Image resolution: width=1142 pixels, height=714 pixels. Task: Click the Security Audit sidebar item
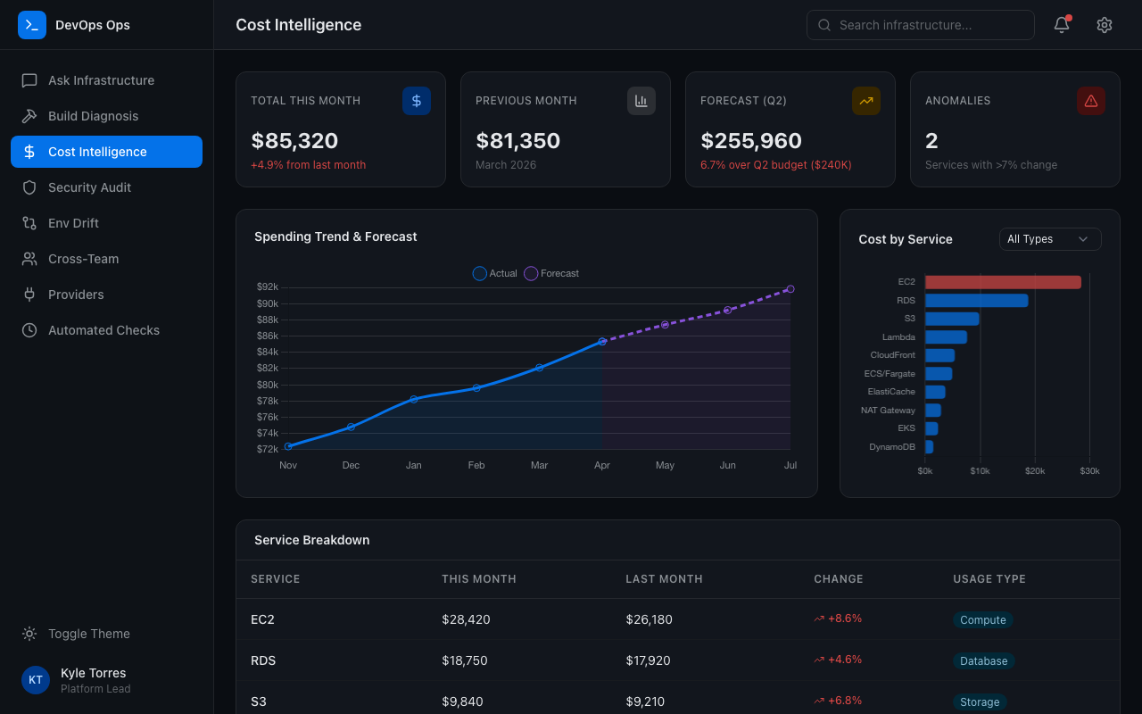point(89,187)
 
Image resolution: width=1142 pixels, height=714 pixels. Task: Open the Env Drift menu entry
point(73,223)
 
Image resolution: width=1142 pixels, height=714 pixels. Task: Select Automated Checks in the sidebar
point(103,330)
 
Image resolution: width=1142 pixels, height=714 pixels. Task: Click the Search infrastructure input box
point(920,25)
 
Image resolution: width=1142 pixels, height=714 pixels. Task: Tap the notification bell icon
point(1062,25)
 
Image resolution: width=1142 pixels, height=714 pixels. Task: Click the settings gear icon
point(1105,25)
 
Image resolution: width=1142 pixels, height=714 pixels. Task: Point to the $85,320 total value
point(294,141)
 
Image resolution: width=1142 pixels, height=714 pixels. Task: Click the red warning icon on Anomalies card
point(1090,101)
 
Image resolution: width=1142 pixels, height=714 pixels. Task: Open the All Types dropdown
point(1049,239)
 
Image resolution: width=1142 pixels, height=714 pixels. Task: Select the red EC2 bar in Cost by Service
point(1003,282)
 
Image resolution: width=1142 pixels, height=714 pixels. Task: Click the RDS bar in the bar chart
point(976,301)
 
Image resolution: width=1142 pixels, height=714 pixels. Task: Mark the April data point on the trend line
point(602,341)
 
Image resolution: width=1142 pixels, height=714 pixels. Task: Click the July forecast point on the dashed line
point(790,289)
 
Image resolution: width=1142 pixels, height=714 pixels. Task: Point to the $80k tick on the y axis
point(268,385)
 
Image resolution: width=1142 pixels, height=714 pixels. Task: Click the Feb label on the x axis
point(476,465)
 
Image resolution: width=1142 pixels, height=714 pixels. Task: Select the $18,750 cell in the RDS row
point(465,660)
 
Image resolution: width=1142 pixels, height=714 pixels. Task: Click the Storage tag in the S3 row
point(979,702)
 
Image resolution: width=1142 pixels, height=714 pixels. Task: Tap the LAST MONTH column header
point(664,579)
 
